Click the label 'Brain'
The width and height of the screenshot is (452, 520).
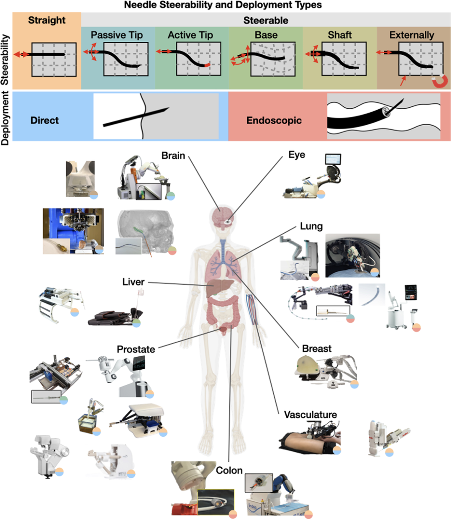173,156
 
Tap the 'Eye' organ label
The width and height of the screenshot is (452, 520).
296,155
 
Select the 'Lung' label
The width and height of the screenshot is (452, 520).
311,227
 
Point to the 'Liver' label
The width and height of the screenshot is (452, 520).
133,282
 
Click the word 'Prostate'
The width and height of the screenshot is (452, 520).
136,349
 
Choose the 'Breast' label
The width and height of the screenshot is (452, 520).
316,348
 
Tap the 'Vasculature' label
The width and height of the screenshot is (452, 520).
310,415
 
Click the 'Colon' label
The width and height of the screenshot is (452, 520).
229,470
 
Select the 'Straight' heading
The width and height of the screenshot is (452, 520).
46,21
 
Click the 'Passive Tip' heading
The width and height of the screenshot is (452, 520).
117,35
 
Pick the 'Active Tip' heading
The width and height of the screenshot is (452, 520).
190,35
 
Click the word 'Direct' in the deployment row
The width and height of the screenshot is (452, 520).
44,121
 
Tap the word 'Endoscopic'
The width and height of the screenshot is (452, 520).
274,121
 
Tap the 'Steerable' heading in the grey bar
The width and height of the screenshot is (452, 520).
266,20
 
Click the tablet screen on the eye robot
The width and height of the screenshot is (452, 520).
333,160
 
